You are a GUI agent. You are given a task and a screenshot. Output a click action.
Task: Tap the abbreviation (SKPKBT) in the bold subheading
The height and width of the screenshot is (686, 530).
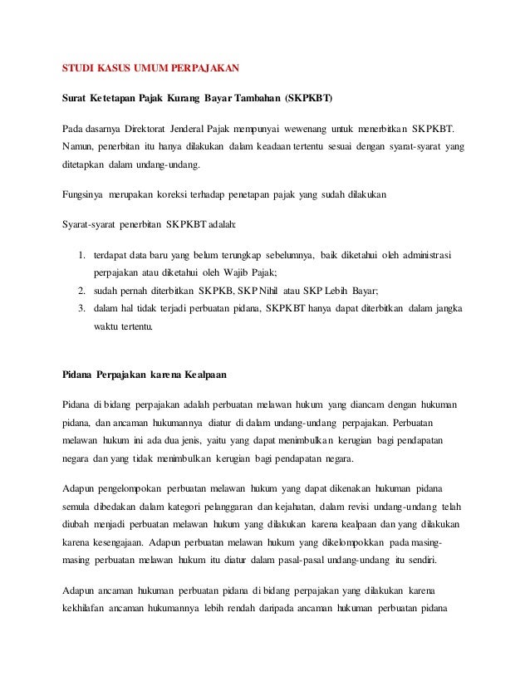(307, 99)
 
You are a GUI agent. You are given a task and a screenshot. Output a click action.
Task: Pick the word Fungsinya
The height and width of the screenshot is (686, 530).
(82, 196)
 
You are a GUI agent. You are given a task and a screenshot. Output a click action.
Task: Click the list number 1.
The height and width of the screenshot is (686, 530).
(81, 255)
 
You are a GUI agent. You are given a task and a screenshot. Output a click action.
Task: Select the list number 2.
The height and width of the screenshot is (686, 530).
(81, 290)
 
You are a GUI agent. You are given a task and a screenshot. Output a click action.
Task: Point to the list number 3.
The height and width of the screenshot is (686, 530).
(81, 307)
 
